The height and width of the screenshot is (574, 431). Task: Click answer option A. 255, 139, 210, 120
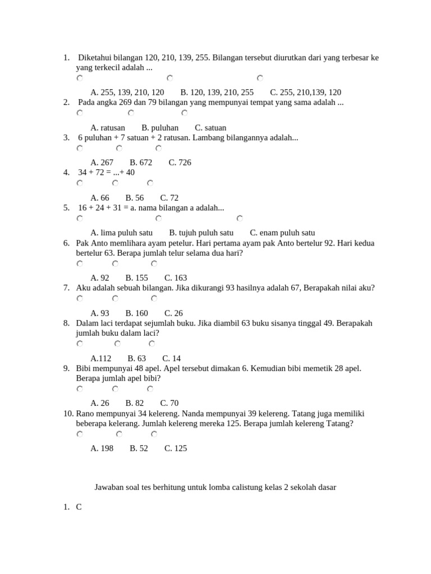(127, 92)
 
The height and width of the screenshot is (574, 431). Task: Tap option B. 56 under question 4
(135, 198)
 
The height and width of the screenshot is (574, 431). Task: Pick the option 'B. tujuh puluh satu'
(201, 233)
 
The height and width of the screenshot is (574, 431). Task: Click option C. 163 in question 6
(176, 278)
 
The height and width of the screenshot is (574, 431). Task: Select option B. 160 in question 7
(137, 313)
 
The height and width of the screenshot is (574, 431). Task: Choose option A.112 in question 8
(101, 359)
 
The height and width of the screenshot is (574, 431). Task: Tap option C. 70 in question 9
(169, 403)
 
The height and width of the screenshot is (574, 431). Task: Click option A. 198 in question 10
(102, 448)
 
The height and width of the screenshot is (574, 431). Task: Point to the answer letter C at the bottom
(79, 507)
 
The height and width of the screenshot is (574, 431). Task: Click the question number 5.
(67, 208)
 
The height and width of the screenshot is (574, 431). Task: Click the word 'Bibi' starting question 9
(84, 368)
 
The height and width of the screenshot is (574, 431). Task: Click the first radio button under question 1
(80, 78)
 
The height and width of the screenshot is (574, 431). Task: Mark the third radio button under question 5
(240, 218)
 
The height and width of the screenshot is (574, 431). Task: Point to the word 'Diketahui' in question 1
(95, 58)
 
